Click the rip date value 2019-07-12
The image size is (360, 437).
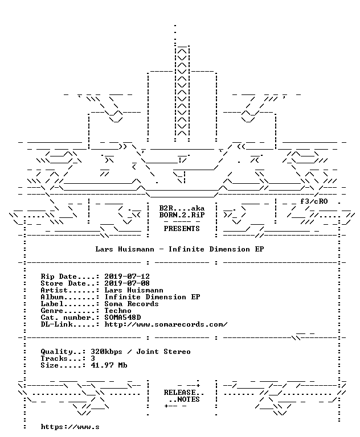click(x=127, y=277)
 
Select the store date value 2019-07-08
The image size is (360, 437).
click(x=127, y=283)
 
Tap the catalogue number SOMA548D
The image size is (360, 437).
click(x=122, y=318)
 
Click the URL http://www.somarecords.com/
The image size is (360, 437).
click(x=166, y=324)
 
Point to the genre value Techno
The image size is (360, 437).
click(x=118, y=311)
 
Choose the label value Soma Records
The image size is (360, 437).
click(x=132, y=304)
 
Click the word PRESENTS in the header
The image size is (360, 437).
click(x=182, y=229)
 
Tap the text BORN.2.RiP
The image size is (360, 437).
click(x=182, y=215)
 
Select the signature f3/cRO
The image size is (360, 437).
click(x=314, y=201)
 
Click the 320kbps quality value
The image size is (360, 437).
click(x=107, y=352)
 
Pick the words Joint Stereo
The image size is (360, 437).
click(x=163, y=352)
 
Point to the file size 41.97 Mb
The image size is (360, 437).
click(x=109, y=365)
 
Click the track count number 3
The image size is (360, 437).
click(x=93, y=358)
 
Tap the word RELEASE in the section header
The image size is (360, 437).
click(x=179, y=393)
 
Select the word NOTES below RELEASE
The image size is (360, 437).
click(x=189, y=399)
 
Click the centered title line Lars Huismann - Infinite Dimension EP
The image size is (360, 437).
click(x=179, y=249)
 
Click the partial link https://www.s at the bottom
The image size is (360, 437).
click(x=69, y=427)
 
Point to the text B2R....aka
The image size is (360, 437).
click(x=182, y=208)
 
